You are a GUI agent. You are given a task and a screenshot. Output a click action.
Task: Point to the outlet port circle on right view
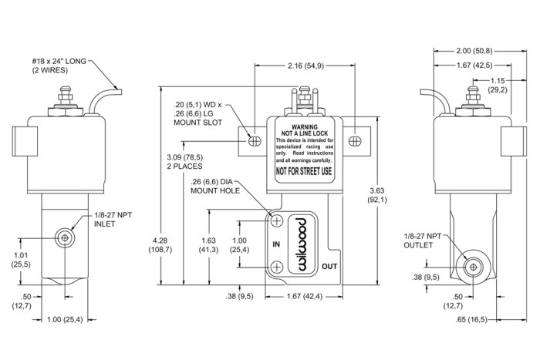coord(472,266)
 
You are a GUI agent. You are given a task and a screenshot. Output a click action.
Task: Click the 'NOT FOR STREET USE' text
coord(303,171)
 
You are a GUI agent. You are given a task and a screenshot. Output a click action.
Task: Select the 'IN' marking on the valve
coord(275,244)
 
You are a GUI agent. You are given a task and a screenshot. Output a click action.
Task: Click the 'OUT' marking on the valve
coord(329,266)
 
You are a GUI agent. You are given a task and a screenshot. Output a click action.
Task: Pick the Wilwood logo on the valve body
coord(301,243)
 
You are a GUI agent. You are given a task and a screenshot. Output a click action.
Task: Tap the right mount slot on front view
coord(354,140)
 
